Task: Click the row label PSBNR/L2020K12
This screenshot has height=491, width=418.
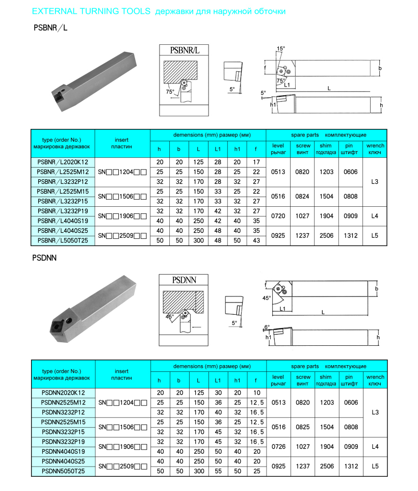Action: (63, 162)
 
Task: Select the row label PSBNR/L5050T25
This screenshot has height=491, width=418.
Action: (63, 240)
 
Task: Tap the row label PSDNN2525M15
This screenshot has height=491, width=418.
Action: (63, 422)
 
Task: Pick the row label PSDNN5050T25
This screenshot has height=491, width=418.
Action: (63, 471)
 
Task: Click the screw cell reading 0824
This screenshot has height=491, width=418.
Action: (302, 196)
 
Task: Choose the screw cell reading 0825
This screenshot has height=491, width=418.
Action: (303, 427)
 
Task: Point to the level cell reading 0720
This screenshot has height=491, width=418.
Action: (278, 216)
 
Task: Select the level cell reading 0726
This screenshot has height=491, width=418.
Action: (278, 447)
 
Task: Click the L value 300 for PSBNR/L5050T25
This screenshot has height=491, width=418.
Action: (198, 240)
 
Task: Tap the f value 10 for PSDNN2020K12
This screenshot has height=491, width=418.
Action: (257, 393)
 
